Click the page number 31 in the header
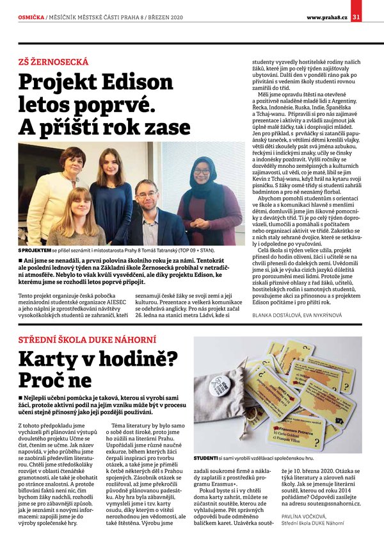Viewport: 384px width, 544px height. (374, 17)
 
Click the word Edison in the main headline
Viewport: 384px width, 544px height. (122, 83)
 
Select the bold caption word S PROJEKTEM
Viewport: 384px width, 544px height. (38, 251)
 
